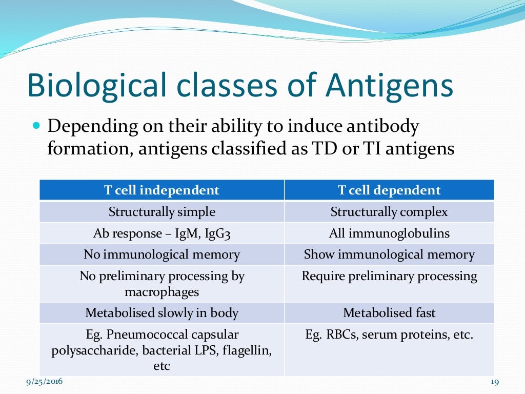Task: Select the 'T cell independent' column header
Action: point(161,190)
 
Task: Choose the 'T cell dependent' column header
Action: point(389,190)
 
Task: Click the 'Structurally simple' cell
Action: point(161,212)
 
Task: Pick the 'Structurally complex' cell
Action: point(389,212)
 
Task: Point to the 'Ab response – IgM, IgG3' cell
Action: point(161,233)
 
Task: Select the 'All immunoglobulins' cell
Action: point(389,233)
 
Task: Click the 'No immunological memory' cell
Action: point(161,254)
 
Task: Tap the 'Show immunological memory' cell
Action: point(389,254)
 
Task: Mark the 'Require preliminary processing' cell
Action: point(389,276)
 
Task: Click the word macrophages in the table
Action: point(161,292)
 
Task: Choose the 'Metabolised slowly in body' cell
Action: point(161,312)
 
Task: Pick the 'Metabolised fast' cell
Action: point(389,312)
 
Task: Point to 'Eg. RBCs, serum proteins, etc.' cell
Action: point(389,334)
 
